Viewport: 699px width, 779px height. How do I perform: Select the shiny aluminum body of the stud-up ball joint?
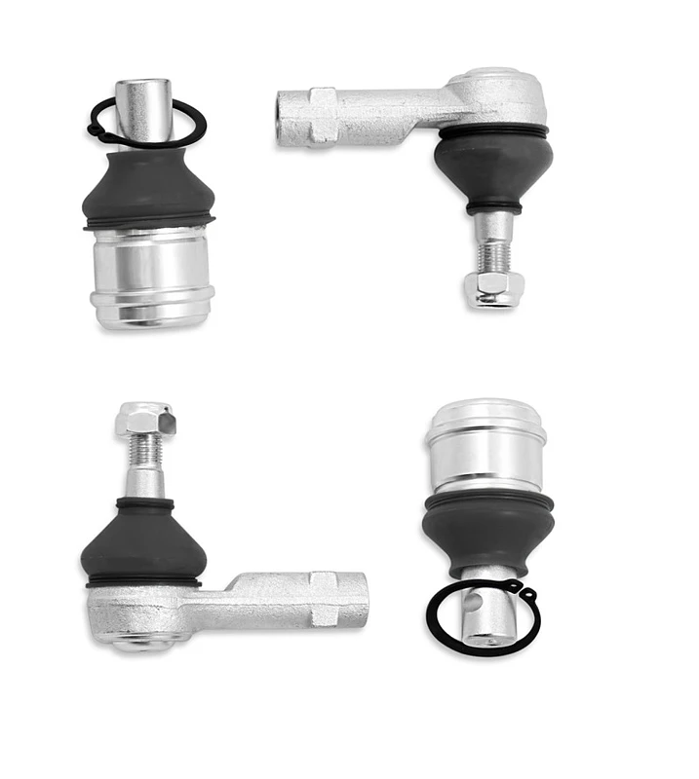point(152,273)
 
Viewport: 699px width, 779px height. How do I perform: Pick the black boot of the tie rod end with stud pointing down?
point(493,166)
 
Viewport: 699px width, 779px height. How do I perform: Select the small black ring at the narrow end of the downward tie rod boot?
point(493,207)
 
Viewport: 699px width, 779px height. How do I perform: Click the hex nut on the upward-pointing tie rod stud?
point(145,419)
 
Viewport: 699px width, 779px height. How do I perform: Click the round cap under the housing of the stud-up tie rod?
point(141,642)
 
